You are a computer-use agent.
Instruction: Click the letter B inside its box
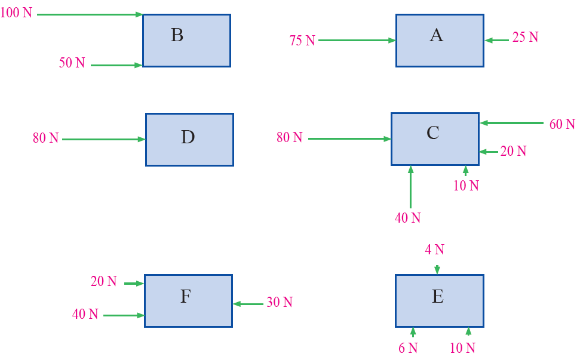click(x=177, y=35)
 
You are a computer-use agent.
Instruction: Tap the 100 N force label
click(x=17, y=13)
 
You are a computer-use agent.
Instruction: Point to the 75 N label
click(x=302, y=41)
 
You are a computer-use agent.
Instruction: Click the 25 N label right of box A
click(x=525, y=38)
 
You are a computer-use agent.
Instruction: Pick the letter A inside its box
click(x=436, y=36)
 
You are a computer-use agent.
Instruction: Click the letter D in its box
click(x=188, y=137)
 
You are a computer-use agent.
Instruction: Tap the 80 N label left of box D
click(x=46, y=139)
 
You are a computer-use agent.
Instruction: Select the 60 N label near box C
click(x=562, y=124)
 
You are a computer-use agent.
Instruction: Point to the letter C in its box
click(x=433, y=133)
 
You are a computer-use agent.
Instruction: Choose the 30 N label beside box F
click(x=280, y=303)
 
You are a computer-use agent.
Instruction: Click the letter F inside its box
click(x=185, y=297)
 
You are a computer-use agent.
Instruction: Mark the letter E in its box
click(x=437, y=297)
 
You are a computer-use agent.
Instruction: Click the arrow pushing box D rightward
click(x=104, y=140)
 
